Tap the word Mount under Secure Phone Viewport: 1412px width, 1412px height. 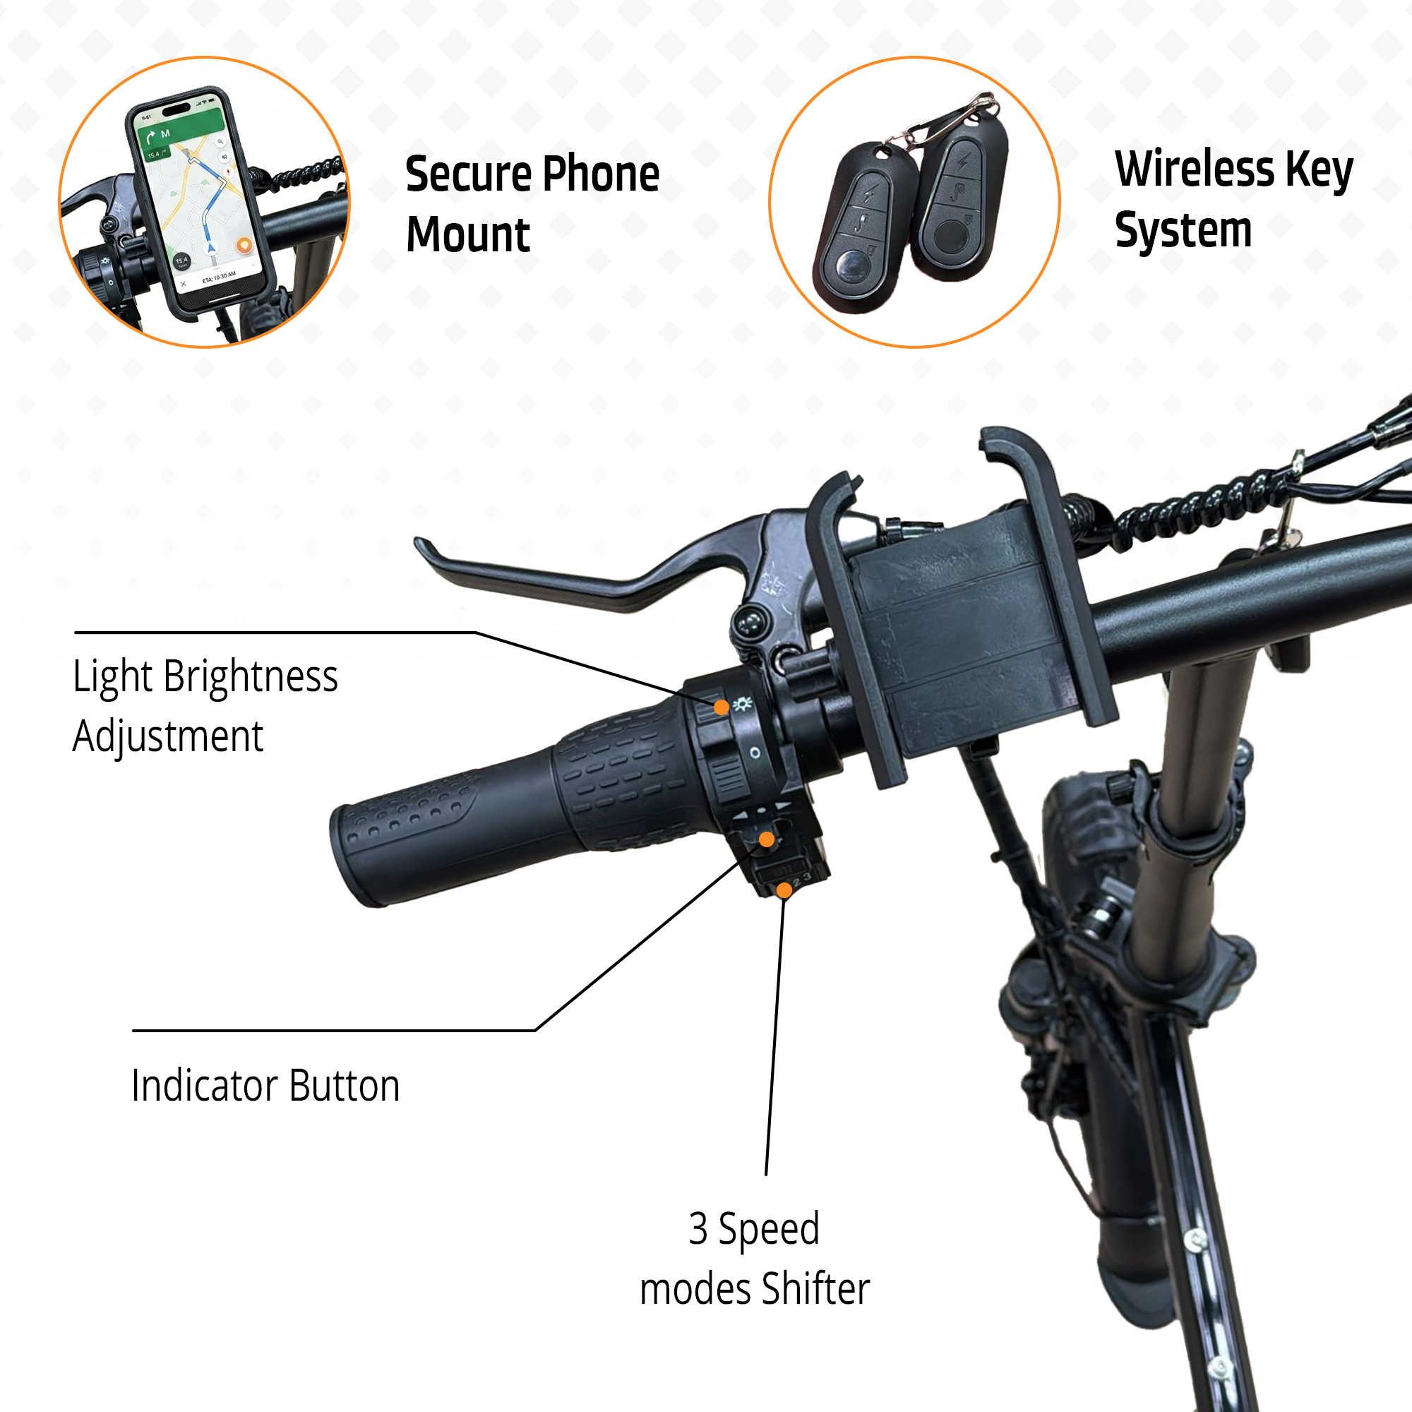tap(468, 235)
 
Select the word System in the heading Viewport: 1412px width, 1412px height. tap(1183, 230)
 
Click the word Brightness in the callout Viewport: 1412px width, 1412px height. tap(250, 676)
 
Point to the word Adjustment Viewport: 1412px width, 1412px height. tap(167, 736)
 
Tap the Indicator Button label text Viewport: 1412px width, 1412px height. tap(265, 1085)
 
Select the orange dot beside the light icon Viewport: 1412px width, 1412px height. tap(721, 707)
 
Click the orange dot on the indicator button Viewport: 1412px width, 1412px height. tap(766, 839)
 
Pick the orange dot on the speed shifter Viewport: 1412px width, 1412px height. tap(784, 890)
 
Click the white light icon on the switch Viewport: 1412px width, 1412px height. tap(743, 704)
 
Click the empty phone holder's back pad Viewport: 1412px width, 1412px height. tap(964, 628)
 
